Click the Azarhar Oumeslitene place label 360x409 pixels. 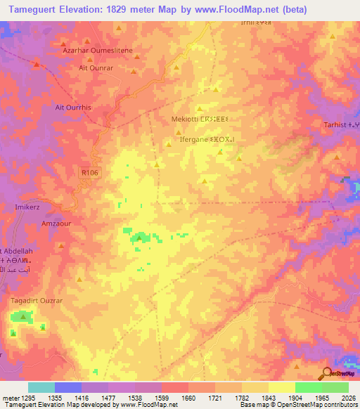pos(92,51)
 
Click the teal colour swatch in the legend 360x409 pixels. pos(41,387)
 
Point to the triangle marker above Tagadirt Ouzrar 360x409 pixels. pos(22,317)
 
